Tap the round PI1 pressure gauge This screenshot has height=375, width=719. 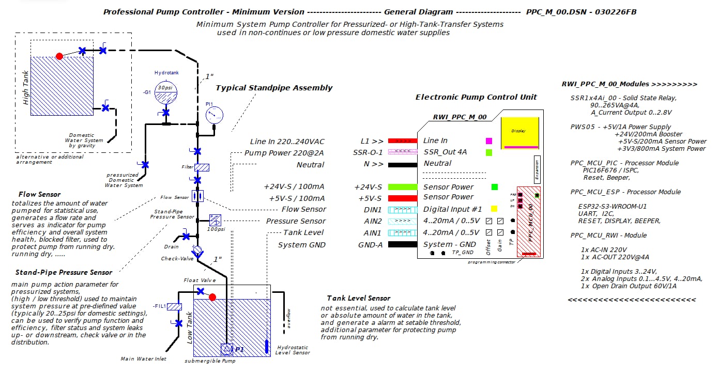coord(214,115)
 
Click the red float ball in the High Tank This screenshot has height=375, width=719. coord(59,56)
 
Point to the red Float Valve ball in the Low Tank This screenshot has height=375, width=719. coord(212,296)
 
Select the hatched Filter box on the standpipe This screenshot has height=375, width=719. coord(202,167)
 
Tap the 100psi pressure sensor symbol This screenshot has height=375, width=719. coord(215,220)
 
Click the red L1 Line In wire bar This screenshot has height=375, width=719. coord(402,140)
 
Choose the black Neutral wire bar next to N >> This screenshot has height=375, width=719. coord(402,165)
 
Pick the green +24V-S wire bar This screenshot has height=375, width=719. coord(402,187)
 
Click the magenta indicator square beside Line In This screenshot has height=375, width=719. coord(489,140)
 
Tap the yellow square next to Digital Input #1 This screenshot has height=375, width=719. coord(494,209)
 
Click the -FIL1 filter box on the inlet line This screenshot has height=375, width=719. coord(175,307)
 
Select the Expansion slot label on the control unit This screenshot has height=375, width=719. coord(537,169)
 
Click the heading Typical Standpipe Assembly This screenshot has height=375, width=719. coord(274,88)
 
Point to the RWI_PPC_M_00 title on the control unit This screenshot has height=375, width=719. coord(460,117)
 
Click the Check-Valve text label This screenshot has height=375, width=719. coord(177,258)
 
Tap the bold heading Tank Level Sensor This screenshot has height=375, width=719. coord(358,298)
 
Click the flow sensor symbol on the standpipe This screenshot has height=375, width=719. coord(197,196)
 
